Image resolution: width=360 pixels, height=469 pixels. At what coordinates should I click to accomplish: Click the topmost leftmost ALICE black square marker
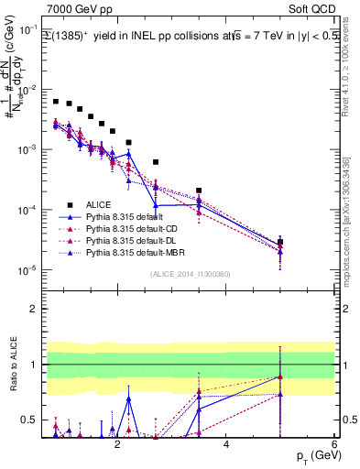click(56, 102)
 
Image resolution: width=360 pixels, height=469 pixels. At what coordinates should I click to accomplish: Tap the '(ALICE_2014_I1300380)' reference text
click(191, 274)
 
